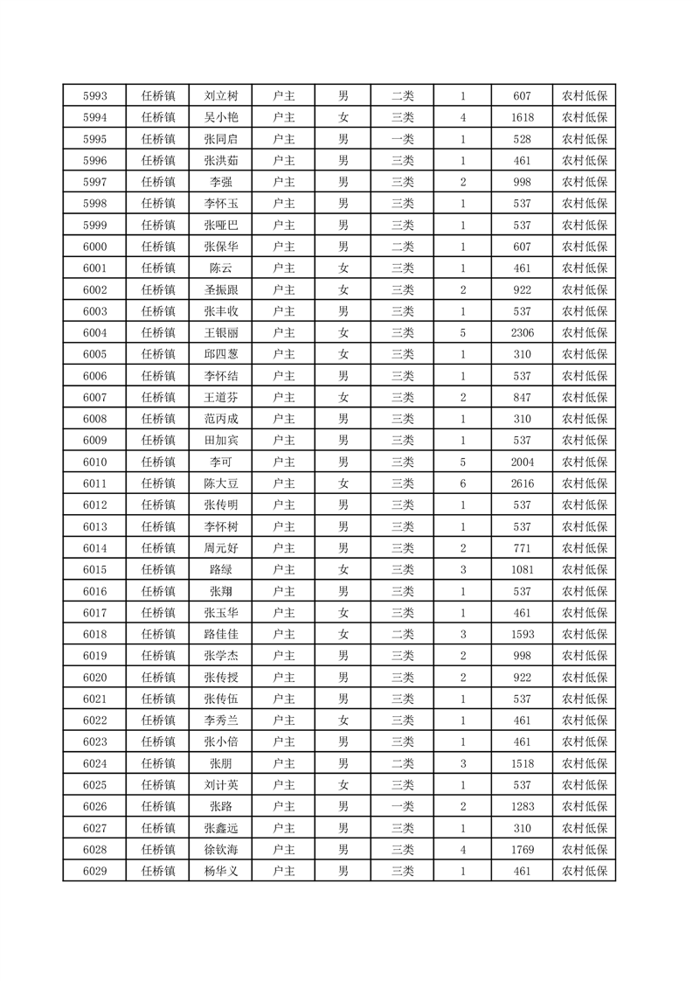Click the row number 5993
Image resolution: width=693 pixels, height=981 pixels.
point(94,96)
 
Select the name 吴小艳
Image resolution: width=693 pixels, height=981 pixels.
point(220,118)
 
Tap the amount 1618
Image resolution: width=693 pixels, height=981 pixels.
point(523,118)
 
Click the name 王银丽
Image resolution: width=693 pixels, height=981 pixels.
point(220,333)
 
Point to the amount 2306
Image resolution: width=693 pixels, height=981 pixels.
point(523,333)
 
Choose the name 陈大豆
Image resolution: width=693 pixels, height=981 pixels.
point(220,484)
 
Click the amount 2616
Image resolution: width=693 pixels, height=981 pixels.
point(523,484)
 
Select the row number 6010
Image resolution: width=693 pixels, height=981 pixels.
point(94,462)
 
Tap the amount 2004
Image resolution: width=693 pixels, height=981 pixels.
point(523,462)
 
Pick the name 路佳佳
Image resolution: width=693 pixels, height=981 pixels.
point(220,634)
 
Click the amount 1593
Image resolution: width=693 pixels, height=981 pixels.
point(523,634)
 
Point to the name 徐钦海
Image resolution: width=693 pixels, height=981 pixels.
point(220,849)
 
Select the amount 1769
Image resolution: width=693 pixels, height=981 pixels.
point(523,849)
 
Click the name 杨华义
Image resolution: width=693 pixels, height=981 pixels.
point(220,871)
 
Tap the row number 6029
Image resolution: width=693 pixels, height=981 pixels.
point(94,871)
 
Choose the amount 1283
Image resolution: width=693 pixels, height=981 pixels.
point(523,806)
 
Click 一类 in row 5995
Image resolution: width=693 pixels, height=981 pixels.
point(403,139)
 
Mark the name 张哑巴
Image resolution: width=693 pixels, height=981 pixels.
point(220,226)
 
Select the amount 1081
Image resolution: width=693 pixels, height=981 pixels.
point(523,569)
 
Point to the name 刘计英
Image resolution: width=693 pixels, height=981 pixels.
point(220,784)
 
